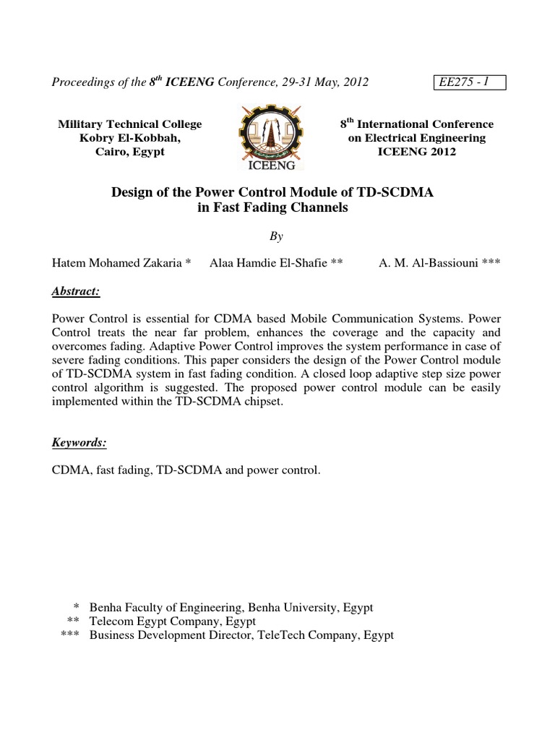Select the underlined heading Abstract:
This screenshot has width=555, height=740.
(76, 291)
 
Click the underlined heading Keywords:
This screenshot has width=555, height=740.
(79, 442)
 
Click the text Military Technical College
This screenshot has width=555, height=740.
(130, 124)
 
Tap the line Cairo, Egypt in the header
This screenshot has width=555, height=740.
(130, 152)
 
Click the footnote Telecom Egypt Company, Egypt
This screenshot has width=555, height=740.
(173, 621)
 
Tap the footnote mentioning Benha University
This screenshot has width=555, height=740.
(232, 607)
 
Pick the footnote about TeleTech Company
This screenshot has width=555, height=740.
(241, 635)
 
